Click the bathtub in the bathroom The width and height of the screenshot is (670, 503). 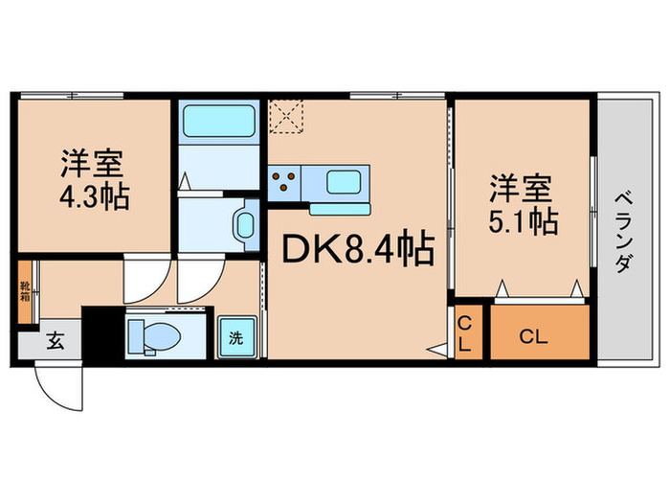pyautogui.click(x=216, y=122)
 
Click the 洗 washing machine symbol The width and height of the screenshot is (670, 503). pyautogui.click(x=235, y=336)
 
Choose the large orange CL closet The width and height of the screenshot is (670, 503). pyautogui.click(x=539, y=335)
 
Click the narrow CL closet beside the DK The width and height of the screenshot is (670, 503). pyautogui.click(x=463, y=334)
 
